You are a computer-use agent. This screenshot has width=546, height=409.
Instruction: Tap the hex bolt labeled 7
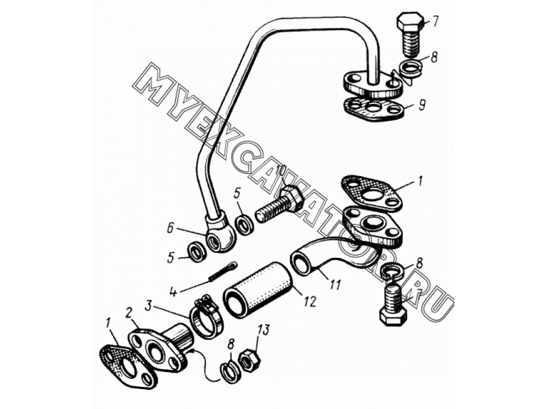click(410, 35)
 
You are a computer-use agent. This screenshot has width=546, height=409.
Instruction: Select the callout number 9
click(421, 105)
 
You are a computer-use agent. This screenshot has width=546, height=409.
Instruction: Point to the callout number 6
click(170, 230)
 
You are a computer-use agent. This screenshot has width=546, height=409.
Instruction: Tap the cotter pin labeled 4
click(222, 271)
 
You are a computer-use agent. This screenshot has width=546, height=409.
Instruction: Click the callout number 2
click(129, 314)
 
